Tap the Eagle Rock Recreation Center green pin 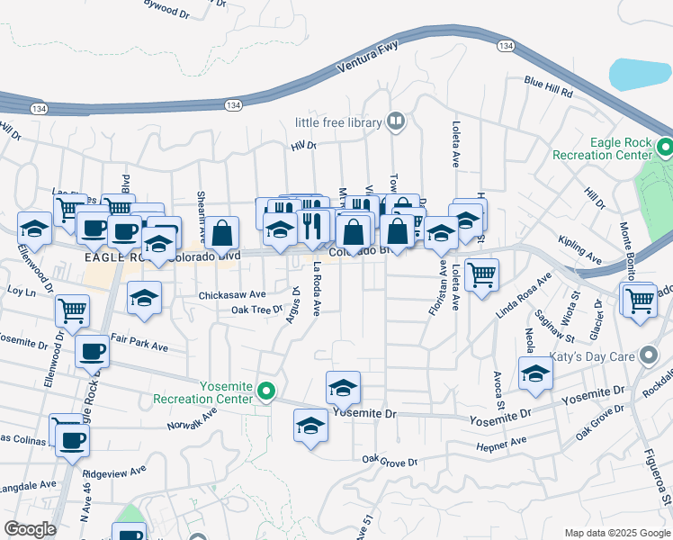(665, 146)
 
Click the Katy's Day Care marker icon (645, 356)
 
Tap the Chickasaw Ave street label (232, 294)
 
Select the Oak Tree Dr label (256, 310)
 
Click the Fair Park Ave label (140, 345)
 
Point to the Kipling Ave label (579, 250)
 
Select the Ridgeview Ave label (113, 471)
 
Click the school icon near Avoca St (535, 373)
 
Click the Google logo (30, 529)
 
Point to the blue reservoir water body (641, 74)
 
